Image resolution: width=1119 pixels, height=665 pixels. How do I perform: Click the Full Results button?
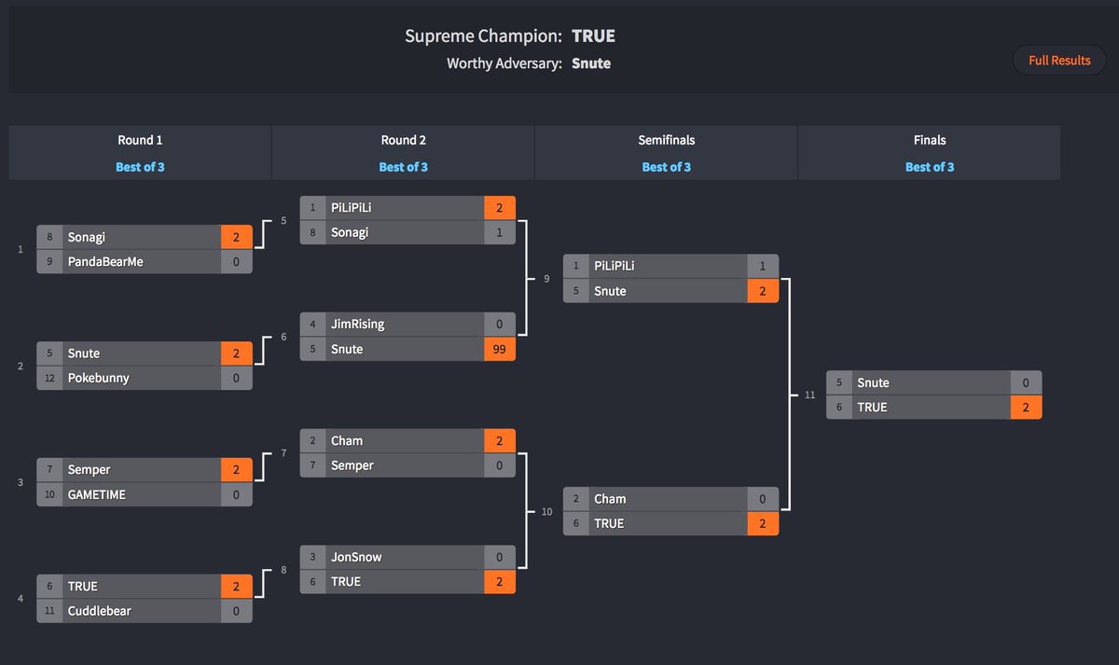coord(1059,61)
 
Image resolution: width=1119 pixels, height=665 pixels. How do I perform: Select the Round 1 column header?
coord(140,140)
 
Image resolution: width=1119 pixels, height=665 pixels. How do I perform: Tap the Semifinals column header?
coord(666,140)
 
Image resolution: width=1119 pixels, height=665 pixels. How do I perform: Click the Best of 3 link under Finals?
coord(929,167)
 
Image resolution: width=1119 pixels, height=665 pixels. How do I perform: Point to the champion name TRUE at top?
coord(593,36)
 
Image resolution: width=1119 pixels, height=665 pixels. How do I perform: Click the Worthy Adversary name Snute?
coord(591,63)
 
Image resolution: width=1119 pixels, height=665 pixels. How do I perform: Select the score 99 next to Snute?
coord(499,349)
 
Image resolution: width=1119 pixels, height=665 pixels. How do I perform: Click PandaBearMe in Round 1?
coord(105,262)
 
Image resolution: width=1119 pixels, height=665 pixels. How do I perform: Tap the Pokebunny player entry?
coord(98,378)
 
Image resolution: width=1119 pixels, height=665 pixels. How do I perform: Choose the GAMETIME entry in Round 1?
coord(96,494)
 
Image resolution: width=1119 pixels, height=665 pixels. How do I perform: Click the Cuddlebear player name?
coord(99,611)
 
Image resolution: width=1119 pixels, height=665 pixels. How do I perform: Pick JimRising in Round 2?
coord(357,325)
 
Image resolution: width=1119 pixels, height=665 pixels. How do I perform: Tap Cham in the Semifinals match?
coord(610,499)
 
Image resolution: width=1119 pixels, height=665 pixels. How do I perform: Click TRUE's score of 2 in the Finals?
coord(1026,408)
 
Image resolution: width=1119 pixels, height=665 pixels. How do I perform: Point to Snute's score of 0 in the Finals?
coord(1026,383)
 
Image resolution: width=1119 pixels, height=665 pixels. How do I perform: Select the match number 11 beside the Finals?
coord(809,395)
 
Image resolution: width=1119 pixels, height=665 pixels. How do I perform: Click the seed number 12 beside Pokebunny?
coord(49,378)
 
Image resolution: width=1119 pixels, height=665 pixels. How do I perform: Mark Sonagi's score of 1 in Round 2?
coord(499,232)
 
